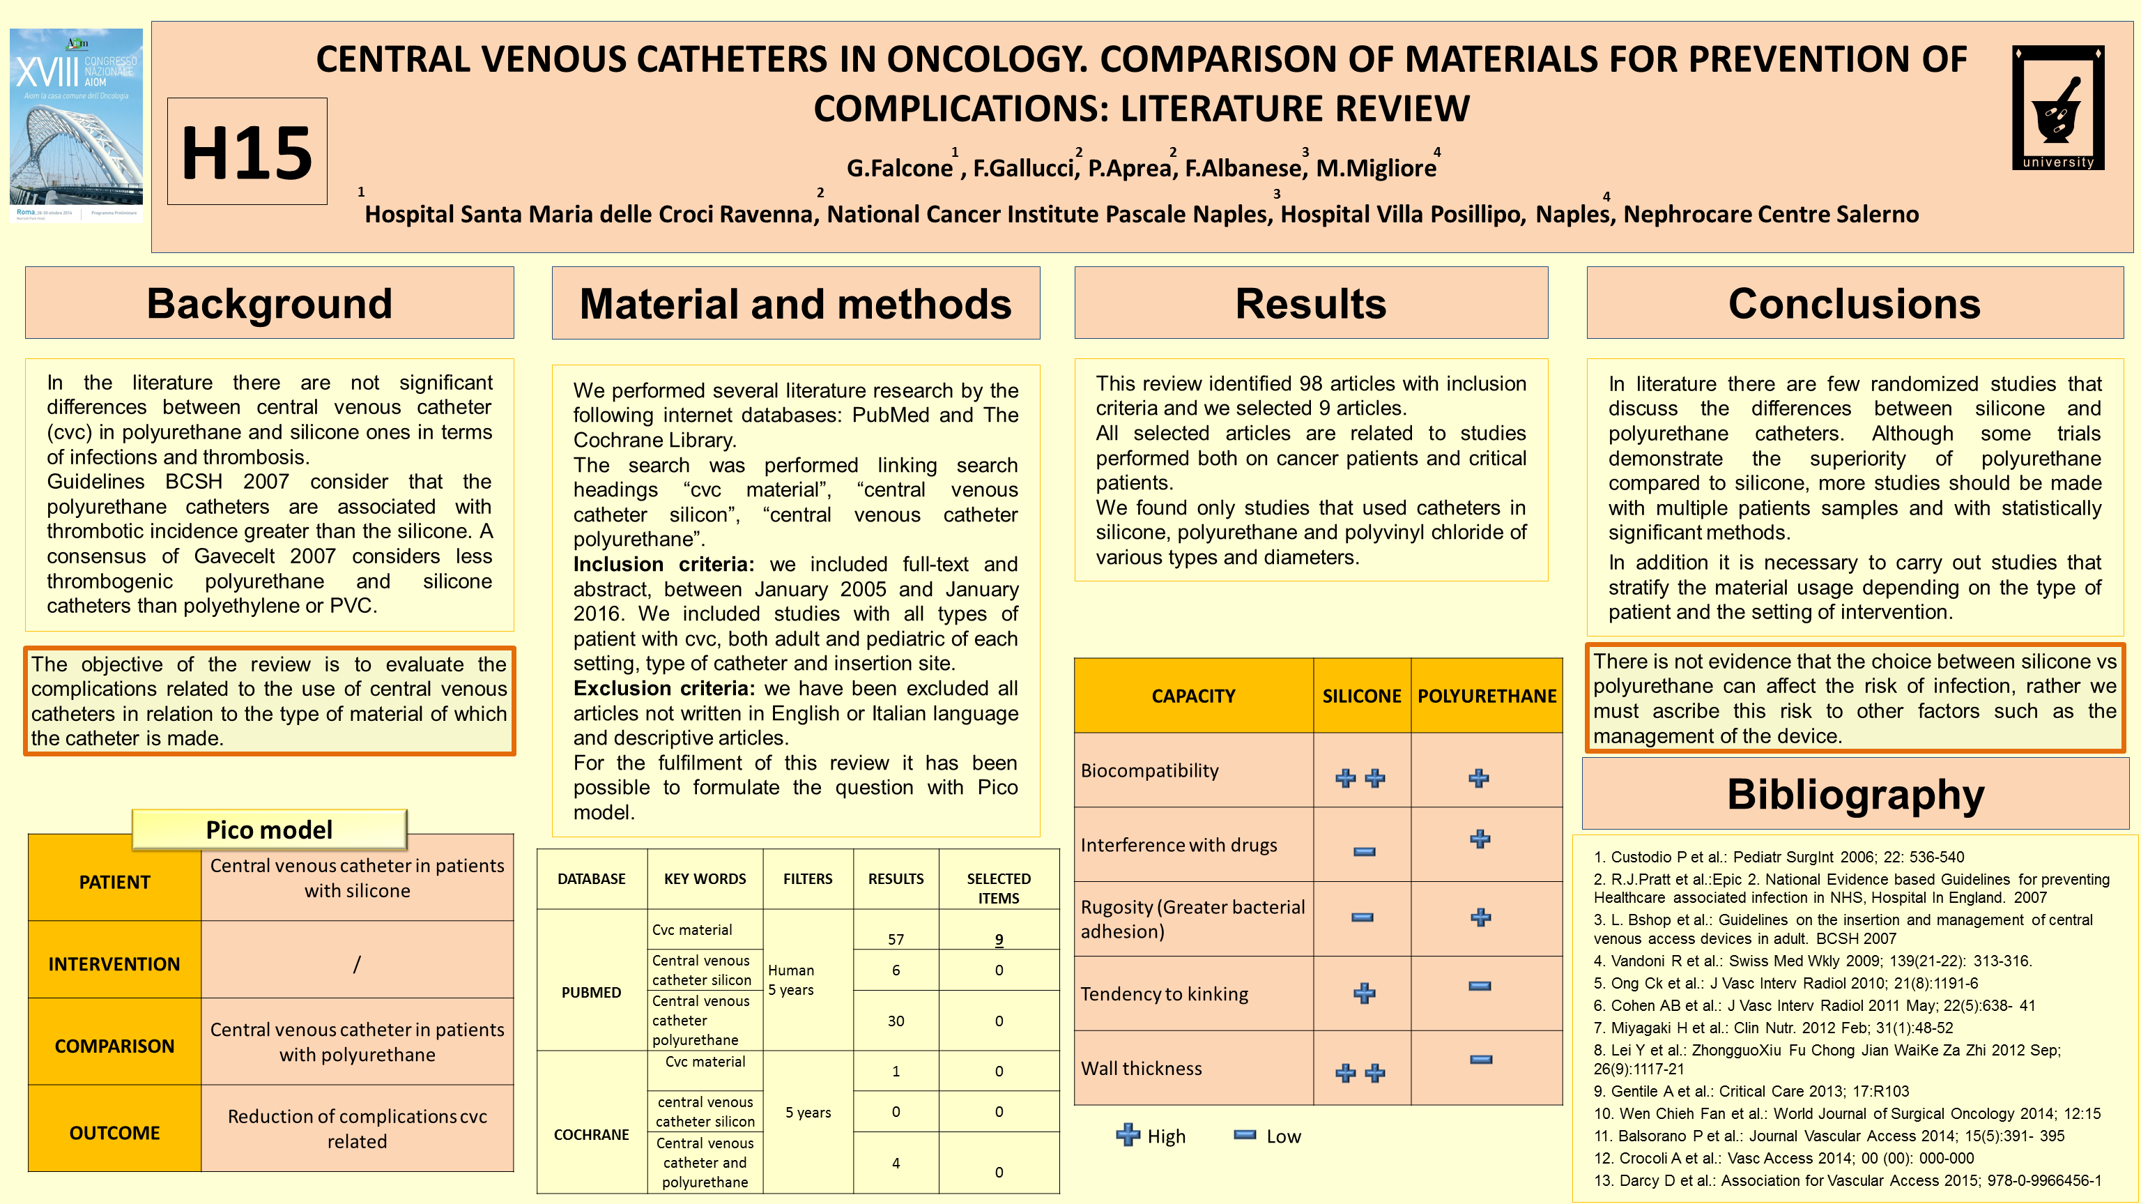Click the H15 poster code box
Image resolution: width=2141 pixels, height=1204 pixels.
[247, 151]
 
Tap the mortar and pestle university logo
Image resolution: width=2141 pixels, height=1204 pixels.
[2058, 107]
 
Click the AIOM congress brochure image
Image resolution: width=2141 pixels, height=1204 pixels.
[77, 125]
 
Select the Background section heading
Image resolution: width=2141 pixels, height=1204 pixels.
[269, 303]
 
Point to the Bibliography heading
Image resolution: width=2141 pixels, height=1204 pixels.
[1855, 794]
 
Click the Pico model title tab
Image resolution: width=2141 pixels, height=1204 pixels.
[268, 829]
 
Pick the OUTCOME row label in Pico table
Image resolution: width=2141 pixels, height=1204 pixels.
[115, 1132]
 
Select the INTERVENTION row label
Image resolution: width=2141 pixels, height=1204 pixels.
[115, 963]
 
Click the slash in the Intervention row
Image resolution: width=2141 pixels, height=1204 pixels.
[357, 963]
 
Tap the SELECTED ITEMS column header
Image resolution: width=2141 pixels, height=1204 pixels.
[998, 888]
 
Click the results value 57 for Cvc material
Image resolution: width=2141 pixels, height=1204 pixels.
[895, 940]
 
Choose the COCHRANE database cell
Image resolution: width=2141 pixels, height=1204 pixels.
[591, 1134]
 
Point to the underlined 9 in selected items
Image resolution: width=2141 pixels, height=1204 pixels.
[998, 940]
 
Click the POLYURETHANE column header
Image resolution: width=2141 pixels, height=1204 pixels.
[1486, 696]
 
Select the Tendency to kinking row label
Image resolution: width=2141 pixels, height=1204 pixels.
[1164, 993]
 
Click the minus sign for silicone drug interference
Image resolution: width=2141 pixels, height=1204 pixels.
[1364, 851]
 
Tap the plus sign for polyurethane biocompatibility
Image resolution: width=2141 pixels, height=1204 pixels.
[1479, 778]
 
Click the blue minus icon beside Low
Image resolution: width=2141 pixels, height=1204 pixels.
[1244, 1135]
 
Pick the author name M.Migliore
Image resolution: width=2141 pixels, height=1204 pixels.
[1376, 168]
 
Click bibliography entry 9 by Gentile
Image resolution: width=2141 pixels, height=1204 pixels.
[1751, 1091]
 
